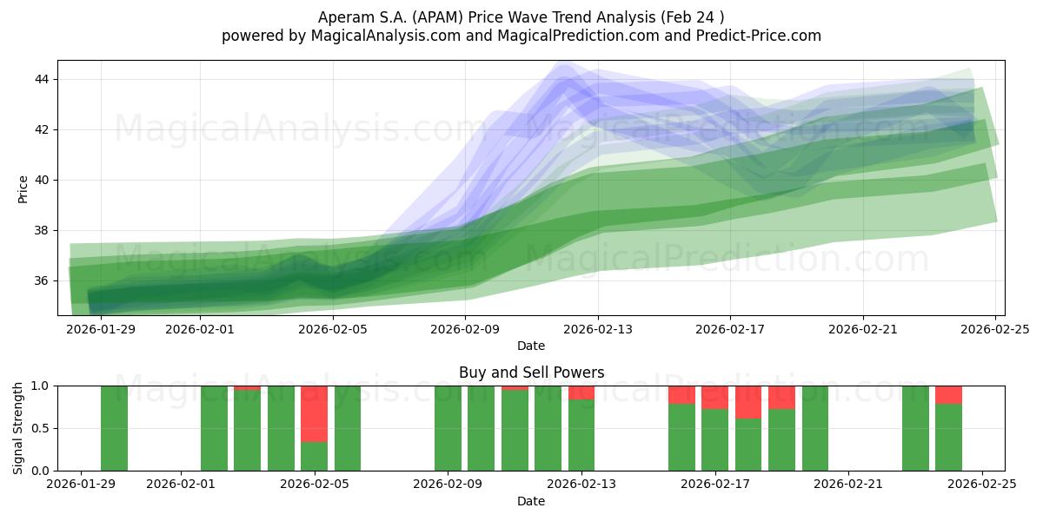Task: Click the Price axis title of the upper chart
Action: [x=23, y=188]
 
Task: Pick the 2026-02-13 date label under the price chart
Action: [x=598, y=329]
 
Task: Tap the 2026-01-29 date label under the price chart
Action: [x=101, y=329]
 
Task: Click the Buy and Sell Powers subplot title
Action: [x=531, y=373]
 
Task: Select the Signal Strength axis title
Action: [x=19, y=427]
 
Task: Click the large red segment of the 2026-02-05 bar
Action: [x=314, y=413]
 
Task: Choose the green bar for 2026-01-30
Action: [x=114, y=428]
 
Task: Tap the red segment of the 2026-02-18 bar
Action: [x=748, y=402]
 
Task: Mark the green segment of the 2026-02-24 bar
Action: [x=948, y=438]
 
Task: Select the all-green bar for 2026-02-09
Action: [x=448, y=428]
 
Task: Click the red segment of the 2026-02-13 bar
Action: [x=581, y=392]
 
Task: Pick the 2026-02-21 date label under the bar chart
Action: [x=848, y=485]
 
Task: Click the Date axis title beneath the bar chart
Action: [x=531, y=501]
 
